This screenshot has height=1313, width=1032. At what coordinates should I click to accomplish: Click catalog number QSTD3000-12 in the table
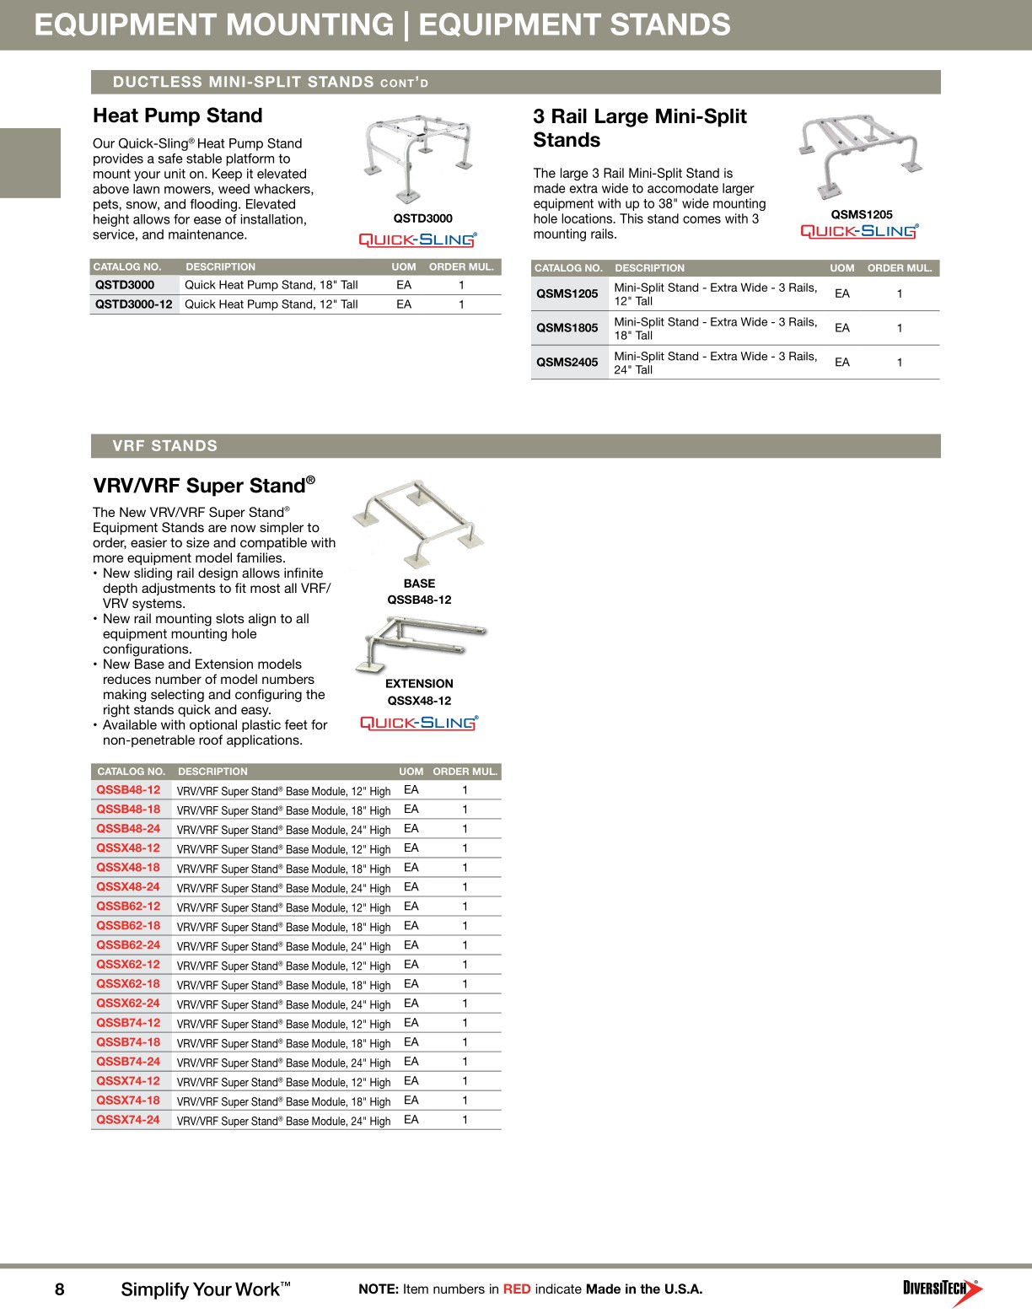134,304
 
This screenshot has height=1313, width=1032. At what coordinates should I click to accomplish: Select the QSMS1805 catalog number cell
567,328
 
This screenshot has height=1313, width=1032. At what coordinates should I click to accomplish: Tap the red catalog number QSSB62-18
128,926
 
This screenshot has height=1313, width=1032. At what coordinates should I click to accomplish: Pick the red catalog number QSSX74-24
128,1120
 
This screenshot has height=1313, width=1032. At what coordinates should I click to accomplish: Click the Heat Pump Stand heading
178,116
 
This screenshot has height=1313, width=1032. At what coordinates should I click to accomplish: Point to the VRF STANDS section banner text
165,446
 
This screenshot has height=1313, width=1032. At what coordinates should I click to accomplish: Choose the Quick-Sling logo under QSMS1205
859,231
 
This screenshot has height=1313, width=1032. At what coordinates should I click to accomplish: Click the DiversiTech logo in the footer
942,1289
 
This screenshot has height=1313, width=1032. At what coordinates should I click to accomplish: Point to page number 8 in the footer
59,1289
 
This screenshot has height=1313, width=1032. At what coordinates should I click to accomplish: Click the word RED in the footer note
517,1289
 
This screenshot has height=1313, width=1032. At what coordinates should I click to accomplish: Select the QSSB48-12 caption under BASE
419,600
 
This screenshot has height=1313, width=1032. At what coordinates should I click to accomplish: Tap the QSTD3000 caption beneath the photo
423,218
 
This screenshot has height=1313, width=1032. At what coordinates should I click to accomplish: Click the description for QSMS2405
715,363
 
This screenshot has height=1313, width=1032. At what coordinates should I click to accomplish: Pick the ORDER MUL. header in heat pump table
461,266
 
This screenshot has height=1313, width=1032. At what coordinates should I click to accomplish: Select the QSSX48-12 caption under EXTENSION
419,701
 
